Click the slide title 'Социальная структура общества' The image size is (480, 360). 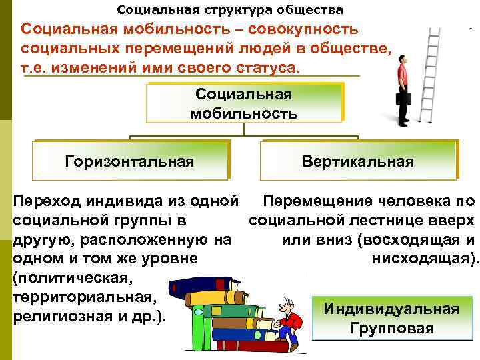[x=230, y=10]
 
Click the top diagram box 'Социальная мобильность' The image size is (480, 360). [x=244, y=103]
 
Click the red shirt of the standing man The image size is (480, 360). [x=403, y=74]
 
